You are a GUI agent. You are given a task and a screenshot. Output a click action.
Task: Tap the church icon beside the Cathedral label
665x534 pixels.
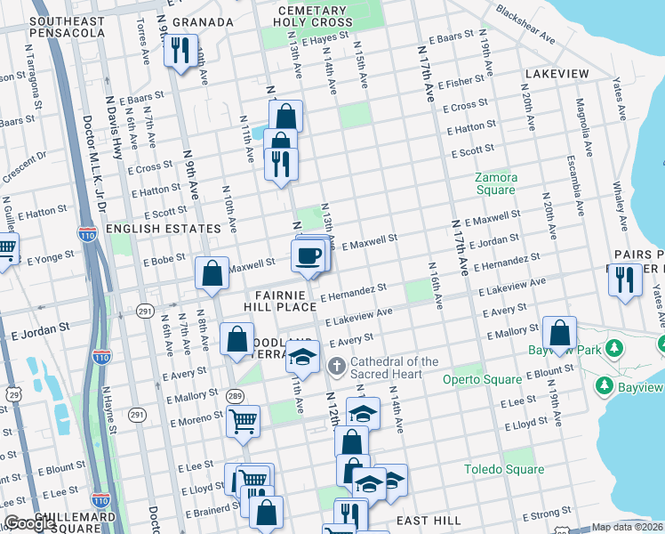(x=336, y=366)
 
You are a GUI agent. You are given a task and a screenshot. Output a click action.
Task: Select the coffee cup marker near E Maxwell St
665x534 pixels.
(x=308, y=255)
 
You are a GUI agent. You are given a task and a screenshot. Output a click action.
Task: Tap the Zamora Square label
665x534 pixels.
(x=495, y=183)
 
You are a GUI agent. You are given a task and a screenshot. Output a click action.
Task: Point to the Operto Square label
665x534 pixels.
(x=482, y=379)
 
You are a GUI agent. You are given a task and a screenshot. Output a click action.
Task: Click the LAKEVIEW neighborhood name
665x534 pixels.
(x=557, y=73)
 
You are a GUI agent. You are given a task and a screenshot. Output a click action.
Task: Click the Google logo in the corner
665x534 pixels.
(x=29, y=524)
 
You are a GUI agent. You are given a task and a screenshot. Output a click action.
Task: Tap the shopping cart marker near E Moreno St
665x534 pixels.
(x=242, y=420)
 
